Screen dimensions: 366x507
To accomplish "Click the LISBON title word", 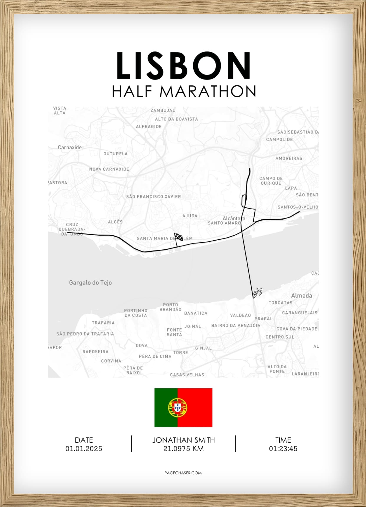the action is (x=183, y=66).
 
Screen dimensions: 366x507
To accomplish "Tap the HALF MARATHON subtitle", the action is (x=183, y=91).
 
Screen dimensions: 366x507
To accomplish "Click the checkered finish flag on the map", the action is (x=178, y=237).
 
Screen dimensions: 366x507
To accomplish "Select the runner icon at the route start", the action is (x=258, y=292).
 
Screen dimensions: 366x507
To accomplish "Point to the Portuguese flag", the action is (x=183, y=407).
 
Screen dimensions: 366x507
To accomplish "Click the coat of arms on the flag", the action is (x=177, y=407).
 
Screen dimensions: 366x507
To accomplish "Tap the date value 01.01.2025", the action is (x=84, y=449).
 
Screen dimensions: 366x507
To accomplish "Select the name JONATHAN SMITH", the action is (x=183, y=440).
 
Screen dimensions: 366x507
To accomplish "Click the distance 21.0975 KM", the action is (x=183, y=449).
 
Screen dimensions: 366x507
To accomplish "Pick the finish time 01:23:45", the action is (x=283, y=449).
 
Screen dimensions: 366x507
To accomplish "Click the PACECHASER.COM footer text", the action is (x=183, y=473).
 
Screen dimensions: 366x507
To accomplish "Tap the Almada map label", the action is (x=301, y=296).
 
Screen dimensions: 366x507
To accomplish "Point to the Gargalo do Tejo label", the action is (x=90, y=283).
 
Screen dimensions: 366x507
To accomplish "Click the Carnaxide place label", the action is (x=70, y=148).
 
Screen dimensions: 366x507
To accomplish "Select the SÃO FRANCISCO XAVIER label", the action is (x=154, y=197).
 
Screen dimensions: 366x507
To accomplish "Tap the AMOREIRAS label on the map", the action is (x=289, y=158).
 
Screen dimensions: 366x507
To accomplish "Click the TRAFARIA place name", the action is (x=103, y=323).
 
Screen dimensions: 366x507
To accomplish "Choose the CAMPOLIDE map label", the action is (x=279, y=140).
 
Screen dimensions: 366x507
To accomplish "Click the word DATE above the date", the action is (x=84, y=440).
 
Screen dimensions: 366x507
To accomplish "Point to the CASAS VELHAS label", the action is (x=187, y=375).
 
